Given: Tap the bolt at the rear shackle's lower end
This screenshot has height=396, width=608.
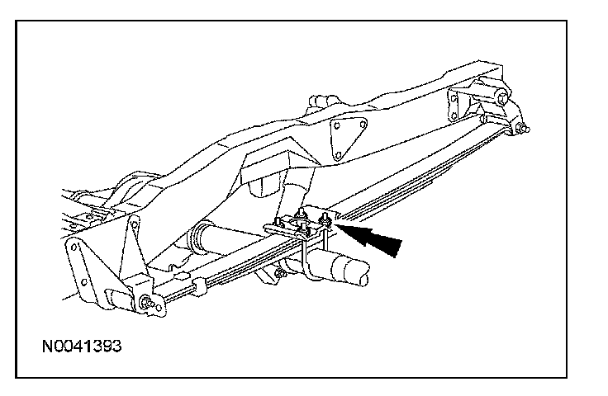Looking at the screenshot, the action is pyautogui.click(x=523, y=128).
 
